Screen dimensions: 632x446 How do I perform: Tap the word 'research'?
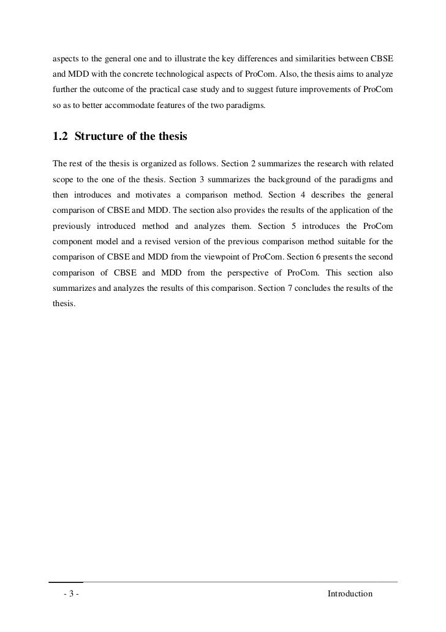coord(317,164)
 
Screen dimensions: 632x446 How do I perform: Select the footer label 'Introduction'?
coord(350,594)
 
